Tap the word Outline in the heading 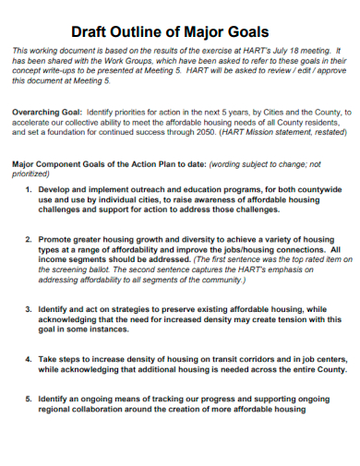(147, 30)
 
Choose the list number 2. (28, 238)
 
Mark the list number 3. (28, 310)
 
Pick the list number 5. (28, 400)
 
